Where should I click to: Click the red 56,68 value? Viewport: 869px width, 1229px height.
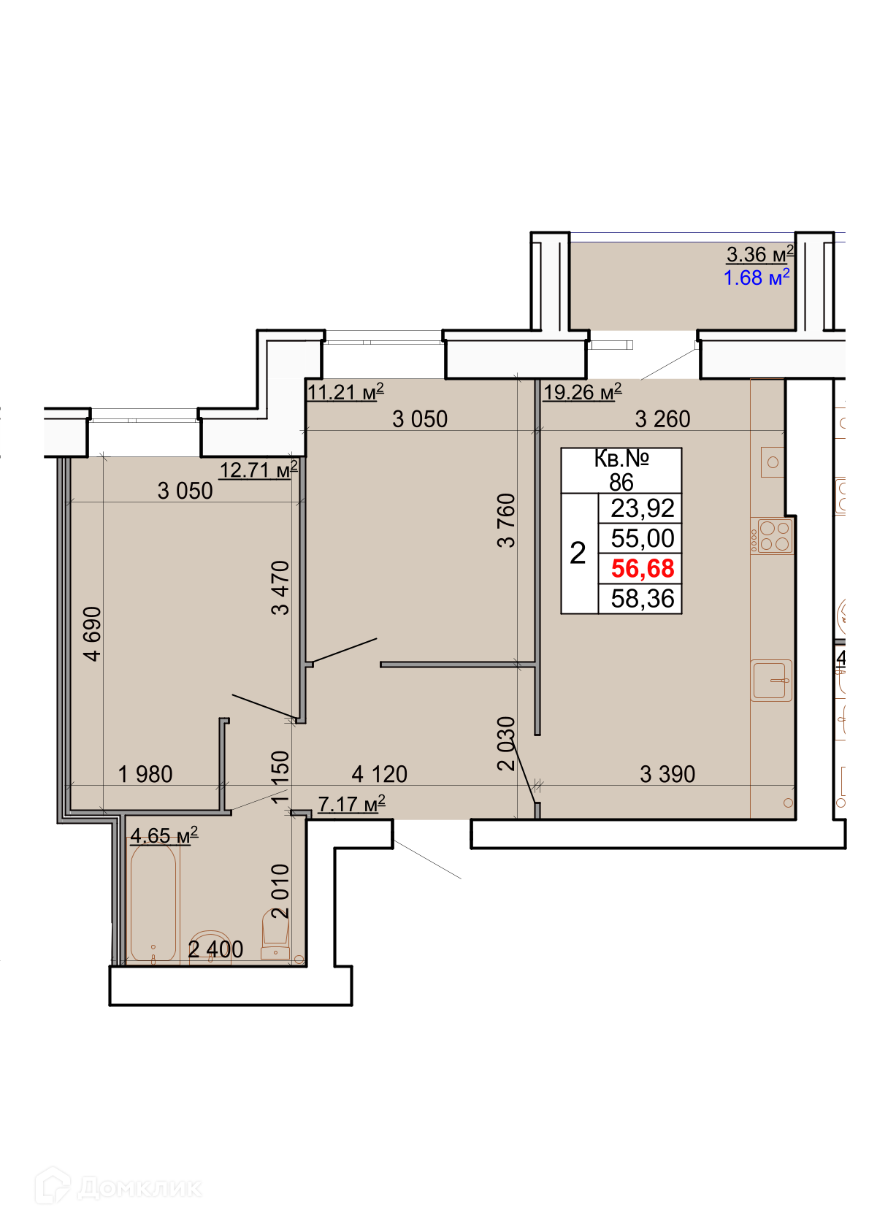(x=643, y=568)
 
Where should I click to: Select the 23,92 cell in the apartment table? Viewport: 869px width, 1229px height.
(x=643, y=508)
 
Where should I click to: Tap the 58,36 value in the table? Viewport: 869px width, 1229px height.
(x=643, y=599)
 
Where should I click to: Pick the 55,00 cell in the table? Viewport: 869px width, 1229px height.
(x=643, y=538)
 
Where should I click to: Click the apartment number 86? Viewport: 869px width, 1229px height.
(x=621, y=482)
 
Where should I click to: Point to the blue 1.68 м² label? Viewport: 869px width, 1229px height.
(x=757, y=277)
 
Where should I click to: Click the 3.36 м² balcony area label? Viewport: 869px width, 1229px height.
(x=759, y=254)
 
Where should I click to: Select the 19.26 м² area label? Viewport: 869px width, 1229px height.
(x=582, y=391)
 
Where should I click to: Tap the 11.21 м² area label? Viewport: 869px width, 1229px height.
(x=345, y=391)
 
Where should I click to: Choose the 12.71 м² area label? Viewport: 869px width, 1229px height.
(x=259, y=470)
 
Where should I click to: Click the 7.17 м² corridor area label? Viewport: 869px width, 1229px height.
(x=352, y=804)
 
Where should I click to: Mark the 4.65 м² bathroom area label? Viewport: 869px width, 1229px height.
(x=164, y=835)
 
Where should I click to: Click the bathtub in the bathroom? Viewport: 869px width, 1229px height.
(x=153, y=904)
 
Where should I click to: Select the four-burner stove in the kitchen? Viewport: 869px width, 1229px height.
(x=772, y=536)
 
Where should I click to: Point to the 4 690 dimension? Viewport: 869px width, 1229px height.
(x=93, y=634)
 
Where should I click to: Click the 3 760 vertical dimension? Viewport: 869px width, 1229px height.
(x=506, y=520)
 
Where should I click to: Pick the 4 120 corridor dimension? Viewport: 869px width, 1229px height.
(x=379, y=774)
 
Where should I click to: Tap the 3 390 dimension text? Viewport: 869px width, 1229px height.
(x=667, y=774)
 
